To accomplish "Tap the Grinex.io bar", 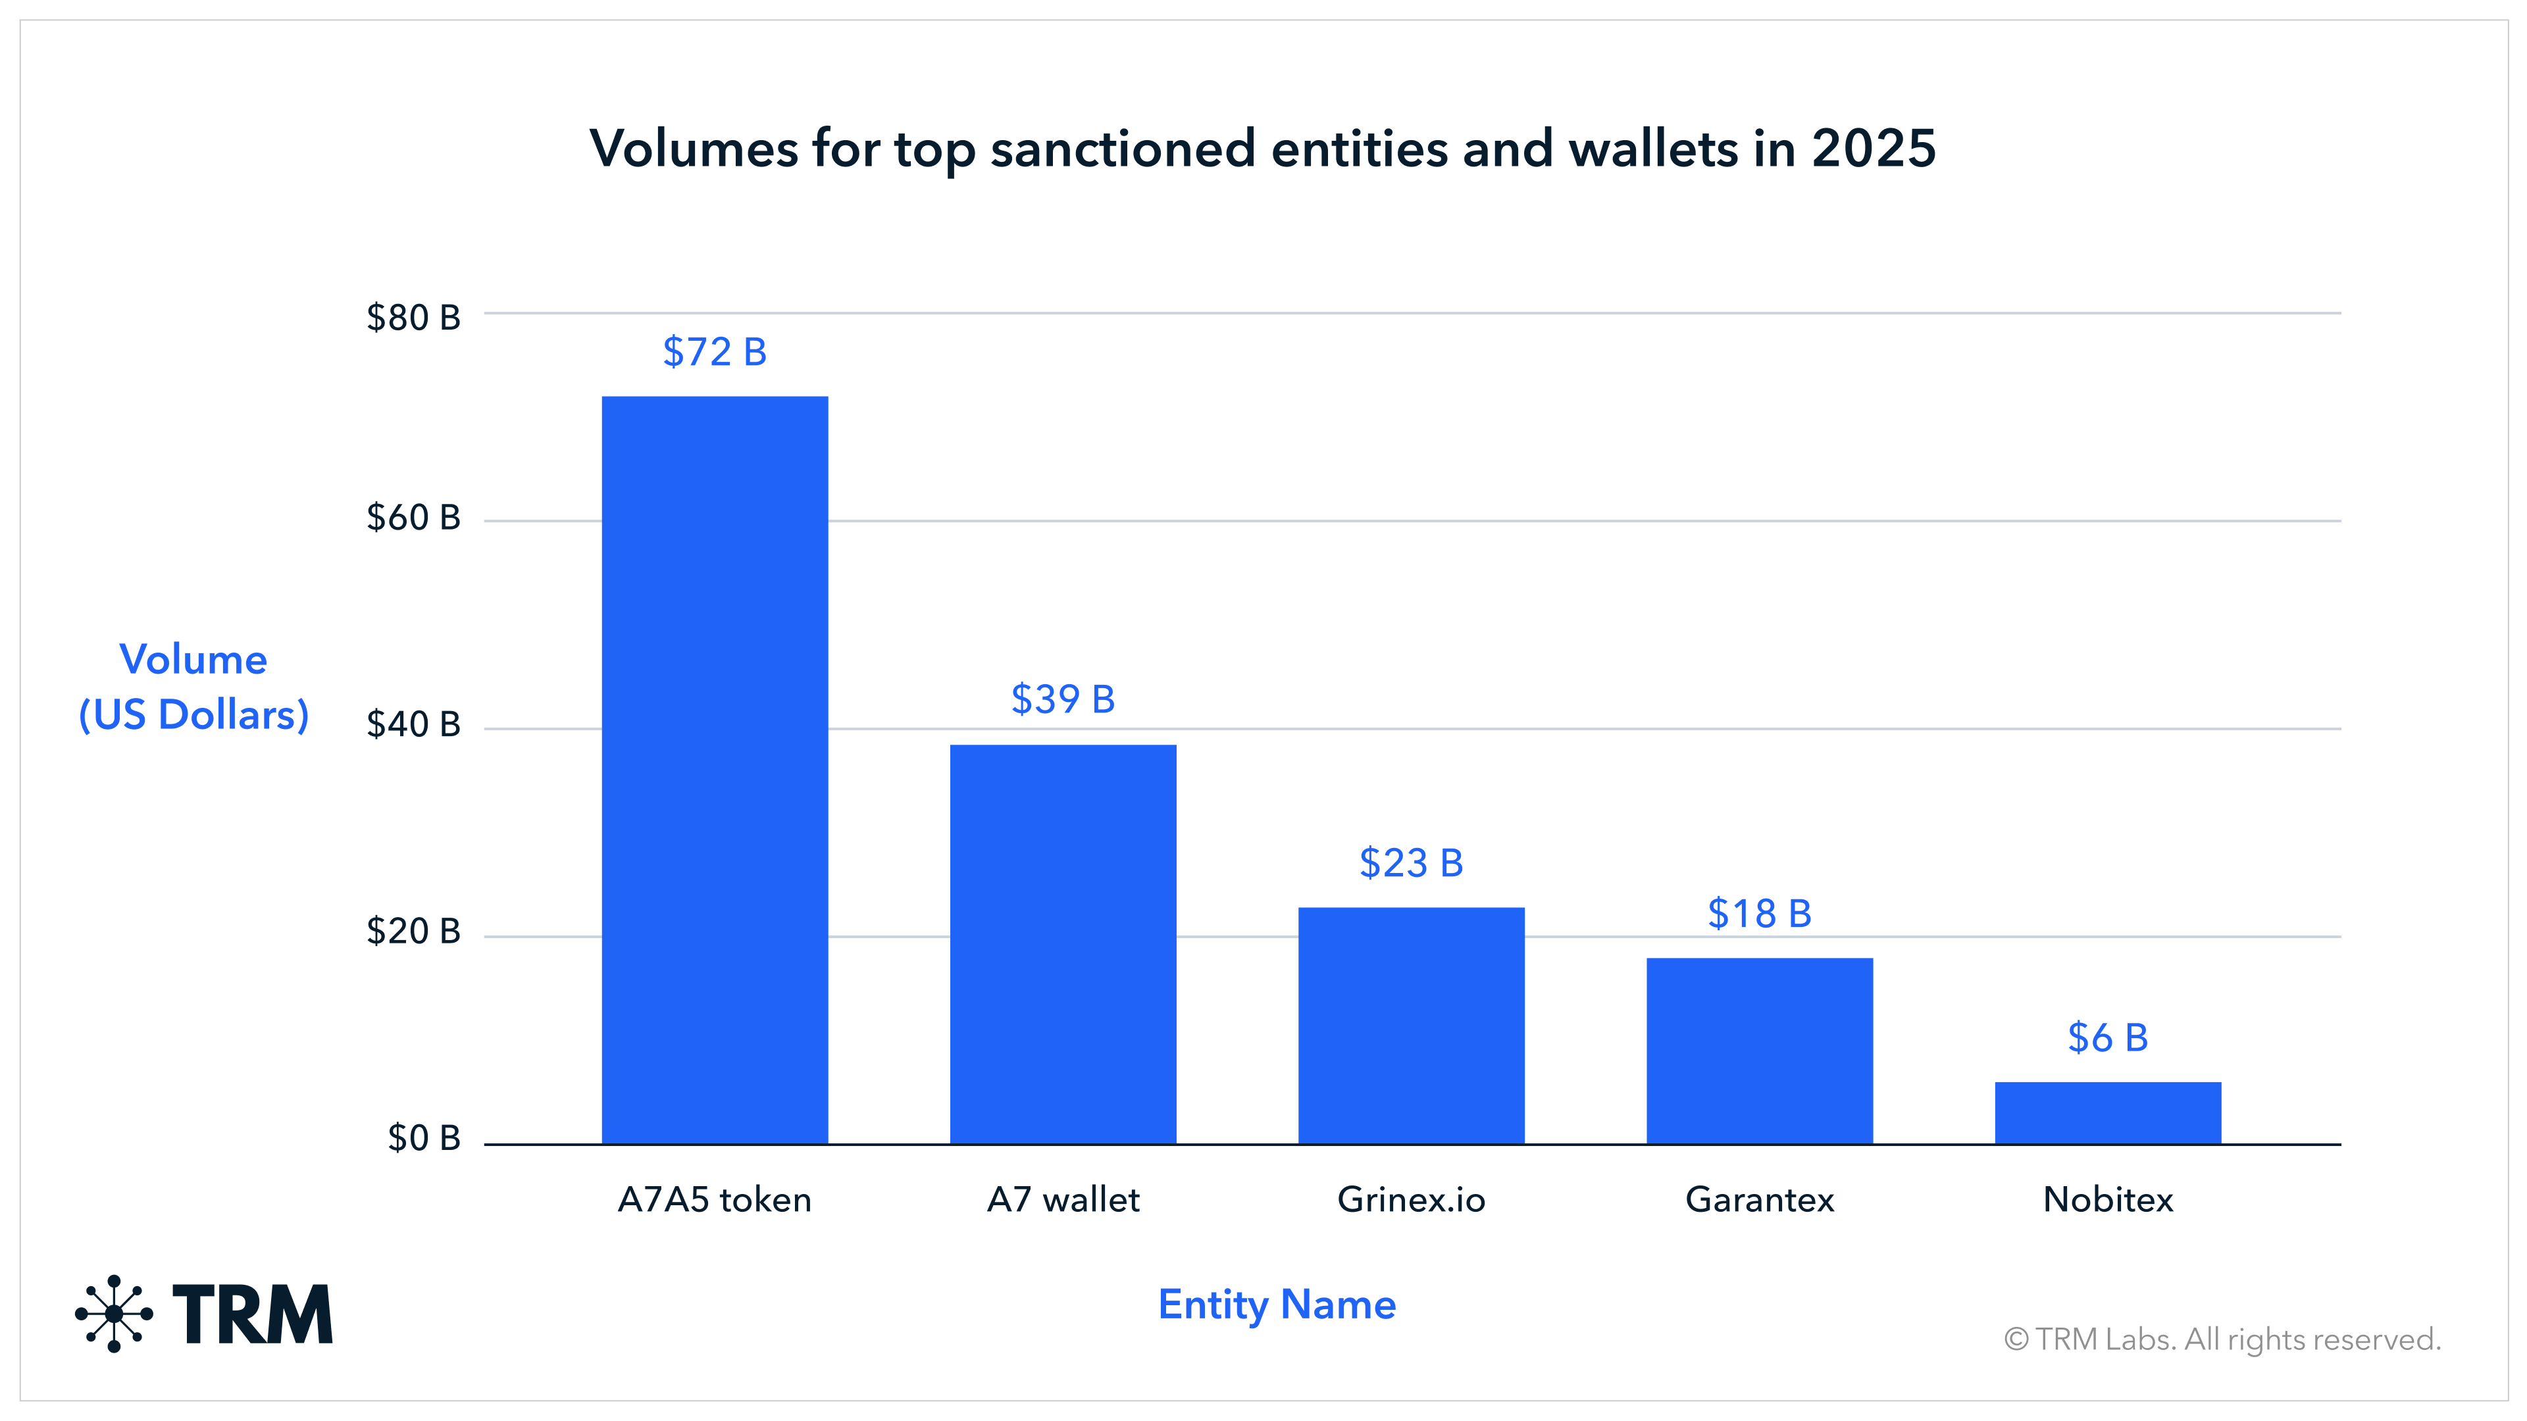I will [1411, 1025].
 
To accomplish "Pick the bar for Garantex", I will [1759, 1051].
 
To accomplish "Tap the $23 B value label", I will [1411, 863].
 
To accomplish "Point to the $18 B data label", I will [1759, 913].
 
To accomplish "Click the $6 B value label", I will [2107, 1037].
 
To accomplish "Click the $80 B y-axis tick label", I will [413, 318].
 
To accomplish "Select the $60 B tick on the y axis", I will [413, 517].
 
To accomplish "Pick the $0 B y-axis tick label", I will [424, 1137].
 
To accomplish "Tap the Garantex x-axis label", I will [1759, 1199].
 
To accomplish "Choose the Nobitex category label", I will [2107, 1199].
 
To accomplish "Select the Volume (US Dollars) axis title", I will [193, 686].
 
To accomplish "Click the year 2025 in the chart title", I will [1873, 149].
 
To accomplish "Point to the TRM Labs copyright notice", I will [2222, 1339].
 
